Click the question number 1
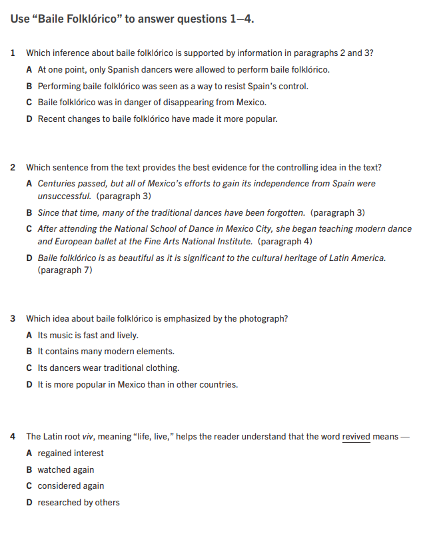(13, 53)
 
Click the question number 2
(13, 167)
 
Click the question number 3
(13, 319)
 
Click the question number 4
(13, 437)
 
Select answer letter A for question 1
(29, 69)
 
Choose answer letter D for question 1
(29, 119)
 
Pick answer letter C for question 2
(29, 228)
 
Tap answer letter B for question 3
(29, 352)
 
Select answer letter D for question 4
(29, 503)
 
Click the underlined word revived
(356, 437)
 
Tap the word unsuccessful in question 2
(64, 196)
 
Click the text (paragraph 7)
(65, 270)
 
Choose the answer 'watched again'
(66, 469)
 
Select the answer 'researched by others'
(79, 503)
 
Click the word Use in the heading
(20, 19)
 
